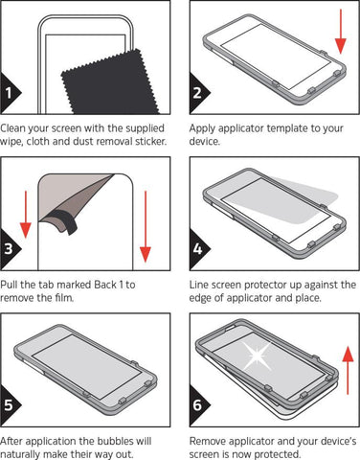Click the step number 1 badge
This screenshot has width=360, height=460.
(x=9, y=93)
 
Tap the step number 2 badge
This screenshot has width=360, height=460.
(x=198, y=93)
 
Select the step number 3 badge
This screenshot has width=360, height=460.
(x=9, y=249)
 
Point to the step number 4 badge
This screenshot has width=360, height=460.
(x=198, y=249)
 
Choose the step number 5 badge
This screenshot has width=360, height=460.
(x=9, y=405)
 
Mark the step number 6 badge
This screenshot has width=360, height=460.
(x=198, y=405)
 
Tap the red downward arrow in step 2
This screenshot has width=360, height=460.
(x=341, y=32)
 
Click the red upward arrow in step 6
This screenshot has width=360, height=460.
(x=348, y=371)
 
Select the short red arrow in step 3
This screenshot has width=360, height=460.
(x=26, y=215)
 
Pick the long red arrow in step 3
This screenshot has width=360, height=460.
(x=146, y=226)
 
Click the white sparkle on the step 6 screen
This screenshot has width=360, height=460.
(x=258, y=356)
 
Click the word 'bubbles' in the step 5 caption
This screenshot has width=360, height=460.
(x=115, y=441)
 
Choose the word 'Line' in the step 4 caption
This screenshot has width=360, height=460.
(x=198, y=285)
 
